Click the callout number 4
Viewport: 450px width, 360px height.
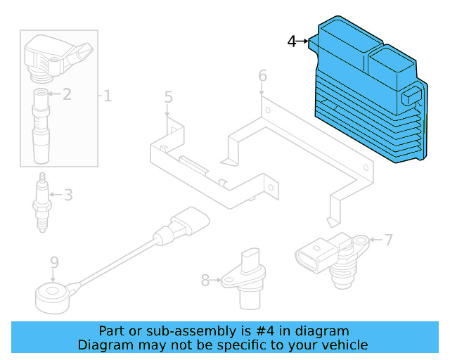(292, 41)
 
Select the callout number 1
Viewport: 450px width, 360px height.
(108, 95)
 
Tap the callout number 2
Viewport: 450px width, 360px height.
(67, 94)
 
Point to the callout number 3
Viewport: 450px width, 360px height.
(68, 195)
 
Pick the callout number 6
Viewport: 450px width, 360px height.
(262, 75)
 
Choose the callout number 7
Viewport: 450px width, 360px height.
(388, 240)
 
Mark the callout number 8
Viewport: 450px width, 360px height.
(205, 281)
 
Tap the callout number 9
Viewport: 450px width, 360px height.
(54, 264)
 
